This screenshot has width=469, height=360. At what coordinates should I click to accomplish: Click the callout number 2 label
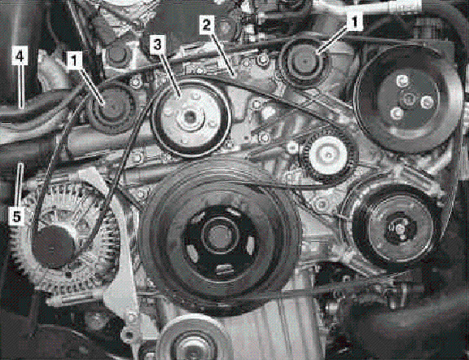(x=207, y=24)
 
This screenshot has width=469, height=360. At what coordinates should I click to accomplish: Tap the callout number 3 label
(x=157, y=45)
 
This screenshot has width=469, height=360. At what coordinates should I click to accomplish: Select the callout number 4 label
(x=20, y=55)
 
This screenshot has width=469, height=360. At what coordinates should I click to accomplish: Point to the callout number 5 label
(x=17, y=216)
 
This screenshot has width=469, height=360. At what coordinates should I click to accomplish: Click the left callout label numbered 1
(x=74, y=61)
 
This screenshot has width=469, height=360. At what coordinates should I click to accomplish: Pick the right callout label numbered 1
(x=355, y=22)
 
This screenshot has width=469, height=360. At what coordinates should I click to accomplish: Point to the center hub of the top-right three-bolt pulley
(x=407, y=98)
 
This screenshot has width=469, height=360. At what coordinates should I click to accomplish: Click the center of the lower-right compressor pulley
(x=397, y=229)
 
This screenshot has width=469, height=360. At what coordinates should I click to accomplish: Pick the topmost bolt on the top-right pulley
(x=401, y=81)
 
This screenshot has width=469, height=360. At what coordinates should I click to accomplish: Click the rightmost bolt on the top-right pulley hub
(x=427, y=102)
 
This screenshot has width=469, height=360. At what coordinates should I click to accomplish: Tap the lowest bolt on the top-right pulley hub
(x=397, y=113)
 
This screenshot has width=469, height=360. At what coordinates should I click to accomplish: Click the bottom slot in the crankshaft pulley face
(x=224, y=269)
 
